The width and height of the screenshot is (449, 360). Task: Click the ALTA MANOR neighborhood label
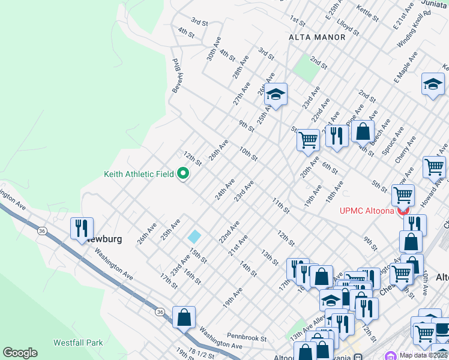tap(317, 37)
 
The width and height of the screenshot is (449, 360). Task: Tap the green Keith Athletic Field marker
tap(183, 174)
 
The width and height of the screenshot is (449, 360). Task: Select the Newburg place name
tap(104, 239)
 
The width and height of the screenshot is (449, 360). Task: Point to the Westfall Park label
tap(77, 343)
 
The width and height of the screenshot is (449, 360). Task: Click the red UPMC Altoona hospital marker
tap(403, 211)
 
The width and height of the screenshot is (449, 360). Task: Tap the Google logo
tap(20, 353)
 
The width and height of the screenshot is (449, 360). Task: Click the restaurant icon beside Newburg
tap(81, 229)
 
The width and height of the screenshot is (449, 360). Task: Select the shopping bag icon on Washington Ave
tap(184, 317)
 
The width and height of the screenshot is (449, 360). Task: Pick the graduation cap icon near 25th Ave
tap(276, 94)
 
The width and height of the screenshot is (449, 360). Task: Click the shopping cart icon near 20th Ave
tap(308, 140)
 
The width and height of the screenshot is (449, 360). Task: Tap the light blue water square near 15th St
tap(194, 237)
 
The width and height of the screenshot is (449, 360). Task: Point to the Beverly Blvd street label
tap(176, 76)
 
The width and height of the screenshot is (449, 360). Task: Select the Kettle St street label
tap(366, 13)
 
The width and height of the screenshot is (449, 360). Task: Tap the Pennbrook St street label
tap(246, 338)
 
